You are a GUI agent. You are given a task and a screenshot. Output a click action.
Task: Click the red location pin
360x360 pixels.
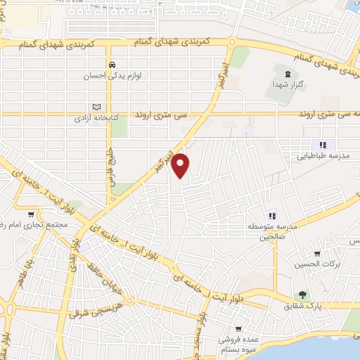pyautogui.click(x=181, y=165)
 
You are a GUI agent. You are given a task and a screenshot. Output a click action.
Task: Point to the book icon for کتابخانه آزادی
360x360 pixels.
pyautogui.click(x=96, y=107)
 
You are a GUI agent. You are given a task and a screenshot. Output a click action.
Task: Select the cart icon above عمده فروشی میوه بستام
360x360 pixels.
pyautogui.click(x=240, y=328)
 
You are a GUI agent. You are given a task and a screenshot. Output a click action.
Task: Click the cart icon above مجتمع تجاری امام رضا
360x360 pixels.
pyautogui.click(x=30, y=214)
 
